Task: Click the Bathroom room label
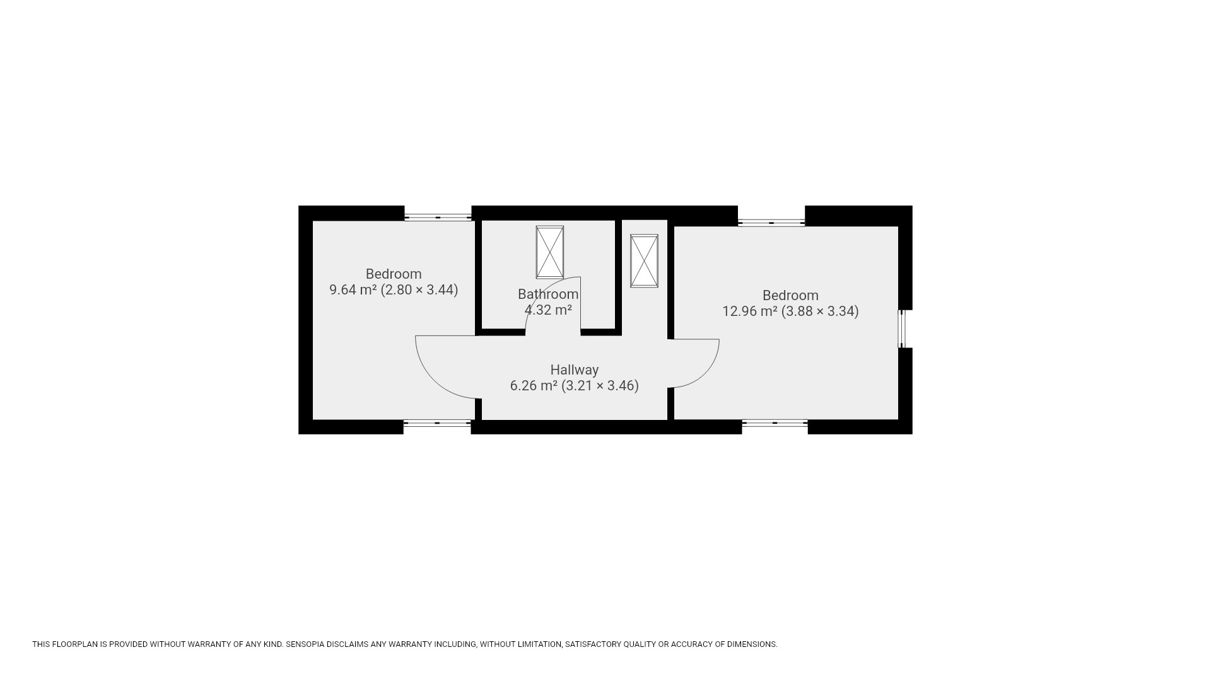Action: (x=548, y=294)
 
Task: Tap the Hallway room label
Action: (x=574, y=370)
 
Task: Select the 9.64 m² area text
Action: (x=353, y=290)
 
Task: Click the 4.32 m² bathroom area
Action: (x=548, y=310)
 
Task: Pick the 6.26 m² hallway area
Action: (x=534, y=386)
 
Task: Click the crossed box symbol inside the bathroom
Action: (x=549, y=252)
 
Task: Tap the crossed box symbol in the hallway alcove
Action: (x=644, y=261)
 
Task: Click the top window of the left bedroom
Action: (x=438, y=218)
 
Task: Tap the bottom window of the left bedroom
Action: (x=437, y=424)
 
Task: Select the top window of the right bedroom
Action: (x=771, y=223)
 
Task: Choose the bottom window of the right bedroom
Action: (x=775, y=424)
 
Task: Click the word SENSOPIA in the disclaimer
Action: (x=305, y=644)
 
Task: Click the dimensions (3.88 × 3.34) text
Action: (x=820, y=311)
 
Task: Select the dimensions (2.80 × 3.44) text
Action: (x=419, y=290)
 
